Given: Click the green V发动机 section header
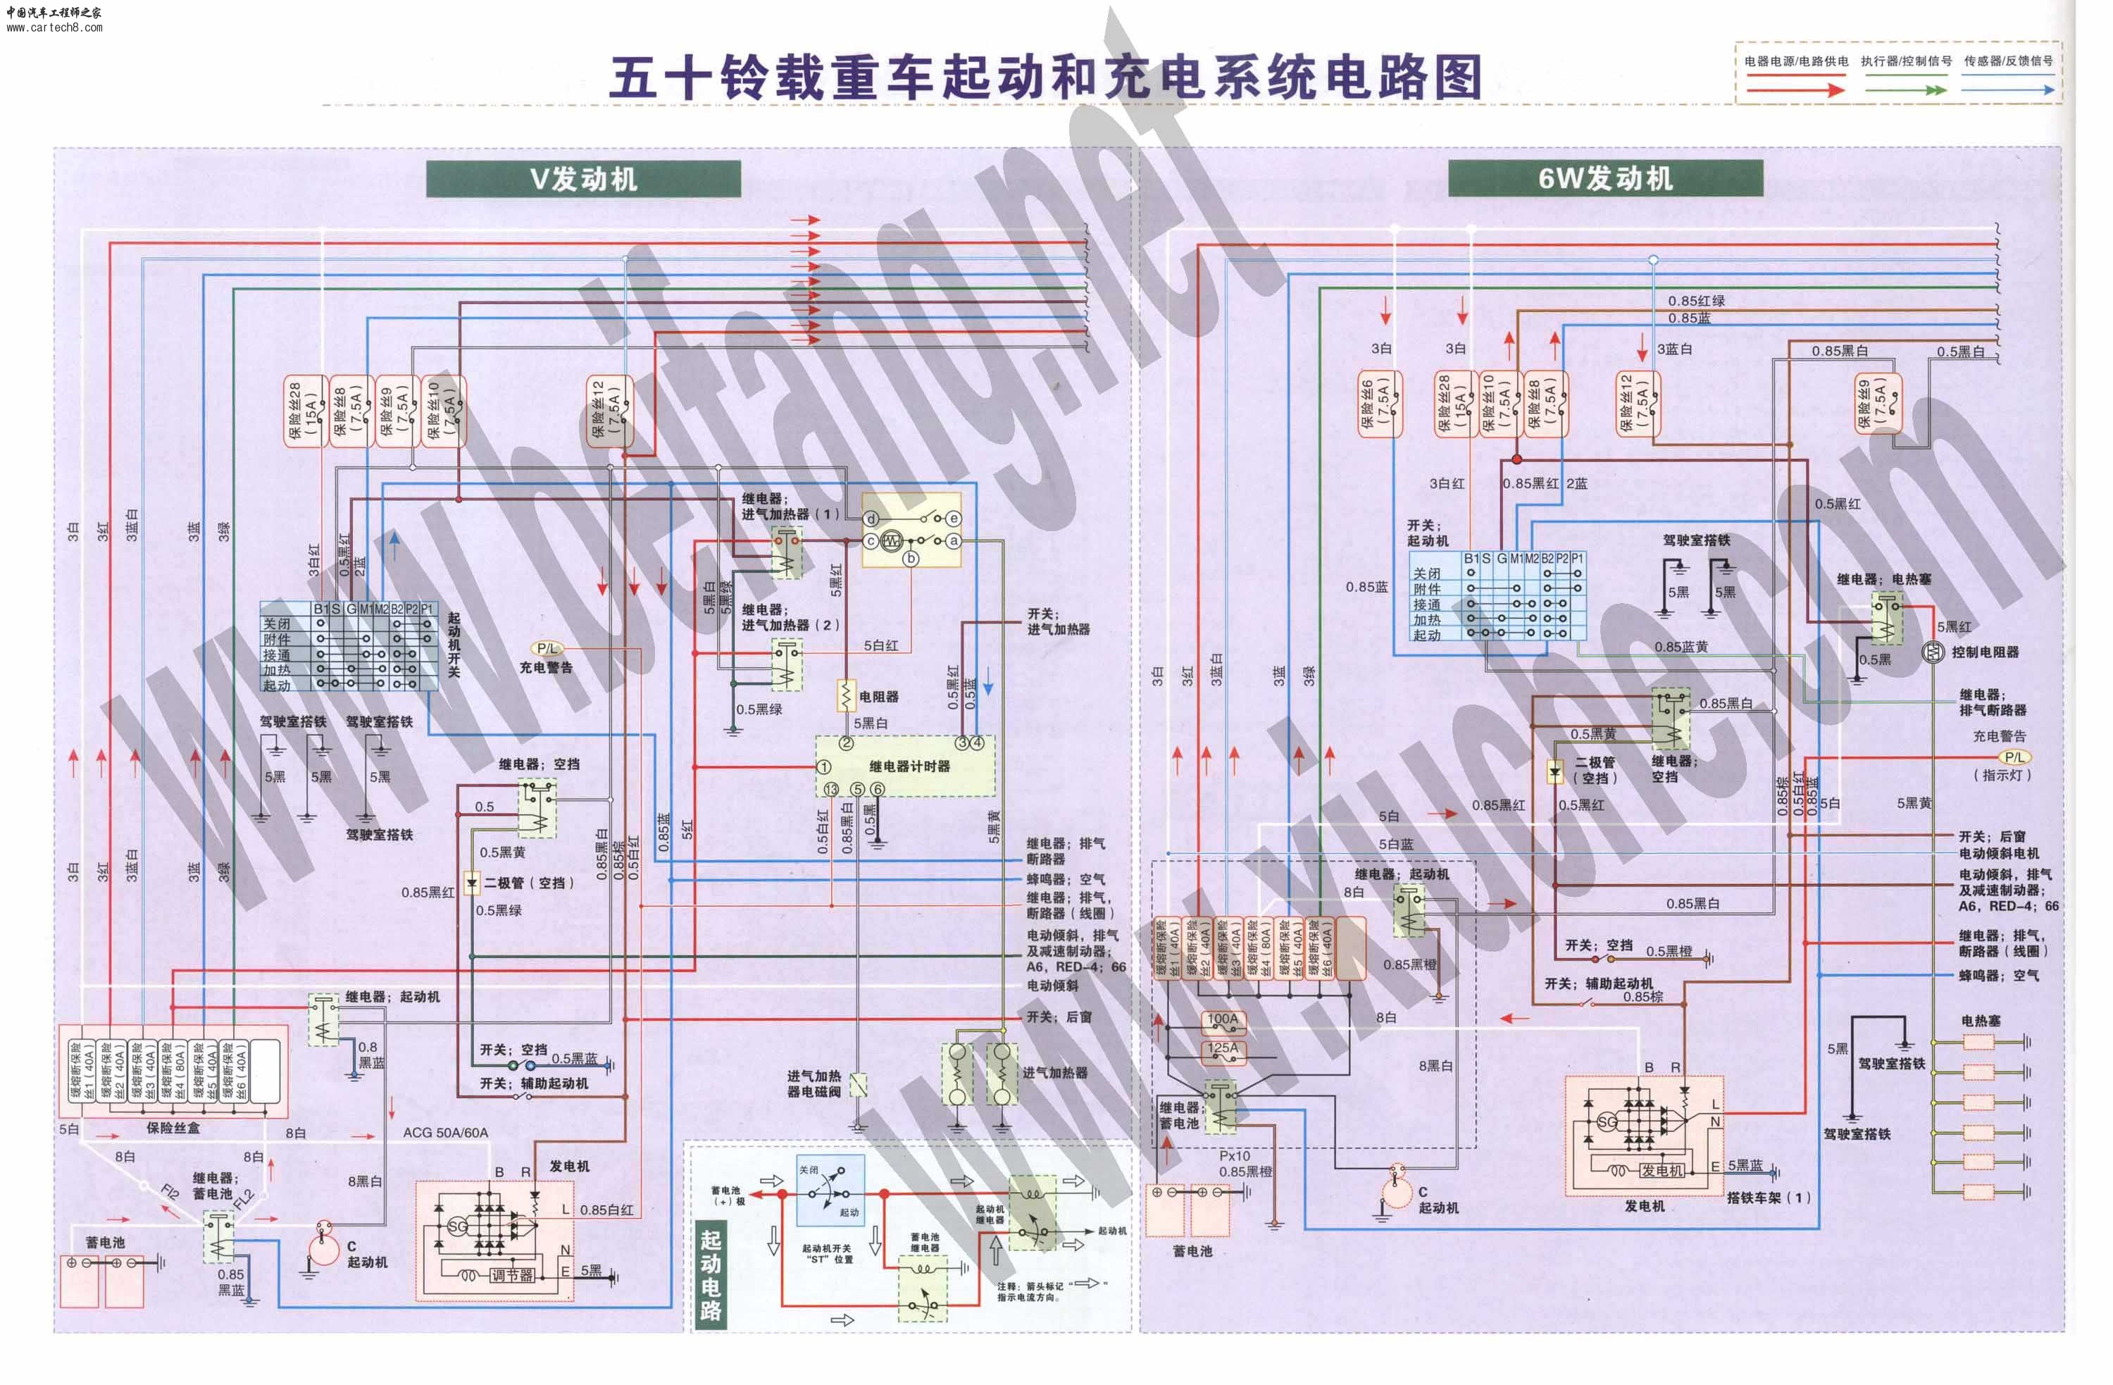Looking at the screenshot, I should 583,178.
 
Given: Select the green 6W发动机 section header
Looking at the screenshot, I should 1604,178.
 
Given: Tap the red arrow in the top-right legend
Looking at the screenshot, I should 1795,89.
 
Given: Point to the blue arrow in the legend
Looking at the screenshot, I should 2007,89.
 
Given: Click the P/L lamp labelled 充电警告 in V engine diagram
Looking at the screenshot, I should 547,649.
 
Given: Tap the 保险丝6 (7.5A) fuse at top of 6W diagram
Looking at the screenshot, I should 1379,404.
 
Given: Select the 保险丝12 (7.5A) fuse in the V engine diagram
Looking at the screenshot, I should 609,409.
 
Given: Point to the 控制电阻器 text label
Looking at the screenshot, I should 1984,652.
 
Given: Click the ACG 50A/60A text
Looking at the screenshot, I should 445,1132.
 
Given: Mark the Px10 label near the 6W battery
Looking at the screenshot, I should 1234,1156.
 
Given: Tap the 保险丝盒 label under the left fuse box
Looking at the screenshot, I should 173,1128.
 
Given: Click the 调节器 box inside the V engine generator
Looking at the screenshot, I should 511,1275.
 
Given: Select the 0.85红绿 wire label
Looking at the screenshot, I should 1696,301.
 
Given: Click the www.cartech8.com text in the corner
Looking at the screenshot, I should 54,27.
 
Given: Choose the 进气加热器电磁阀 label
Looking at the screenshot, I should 814,1083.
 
